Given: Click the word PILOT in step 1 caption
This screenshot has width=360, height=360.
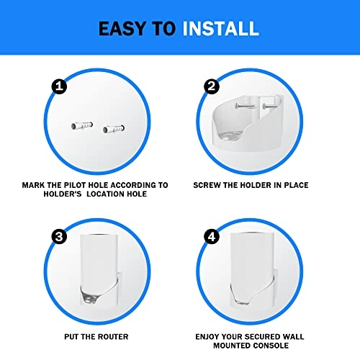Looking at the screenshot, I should pyautogui.click(x=85, y=185).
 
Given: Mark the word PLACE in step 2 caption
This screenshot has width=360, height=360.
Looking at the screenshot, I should pyautogui.click(x=293, y=185).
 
